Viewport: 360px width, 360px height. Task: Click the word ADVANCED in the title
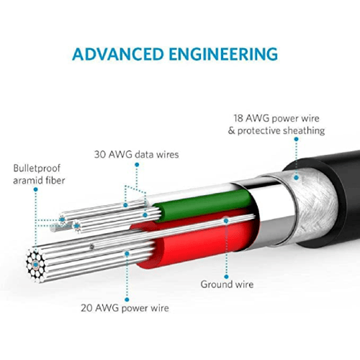pyautogui.click(x=118, y=54)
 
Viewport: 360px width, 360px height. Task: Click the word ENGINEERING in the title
pyautogui.click(x=223, y=54)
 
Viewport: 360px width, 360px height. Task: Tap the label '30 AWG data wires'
pyautogui.click(x=136, y=154)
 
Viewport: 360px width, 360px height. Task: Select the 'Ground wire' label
pyautogui.click(x=227, y=284)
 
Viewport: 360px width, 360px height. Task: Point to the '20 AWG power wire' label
pyautogui.click(x=125, y=308)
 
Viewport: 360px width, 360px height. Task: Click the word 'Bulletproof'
pyautogui.click(x=37, y=168)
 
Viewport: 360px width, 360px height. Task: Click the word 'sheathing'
pyautogui.click(x=304, y=131)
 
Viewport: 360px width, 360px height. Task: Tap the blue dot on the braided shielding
pyautogui.click(x=297, y=178)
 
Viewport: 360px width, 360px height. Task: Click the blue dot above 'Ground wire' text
pyautogui.click(x=226, y=276)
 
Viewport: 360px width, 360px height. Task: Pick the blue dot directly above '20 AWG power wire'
pyautogui.click(x=127, y=300)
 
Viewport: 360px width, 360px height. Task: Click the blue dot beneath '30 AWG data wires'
pyautogui.click(x=137, y=165)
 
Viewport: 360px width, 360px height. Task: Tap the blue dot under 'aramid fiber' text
pyautogui.click(x=36, y=189)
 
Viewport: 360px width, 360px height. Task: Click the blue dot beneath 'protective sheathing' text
pyautogui.click(x=296, y=139)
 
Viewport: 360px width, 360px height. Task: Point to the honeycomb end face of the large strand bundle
pyautogui.click(x=36, y=265)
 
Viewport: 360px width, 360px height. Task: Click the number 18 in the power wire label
pyautogui.click(x=238, y=119)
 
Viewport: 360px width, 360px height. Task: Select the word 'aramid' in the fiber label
pyautogui.click(x=27, y=181)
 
